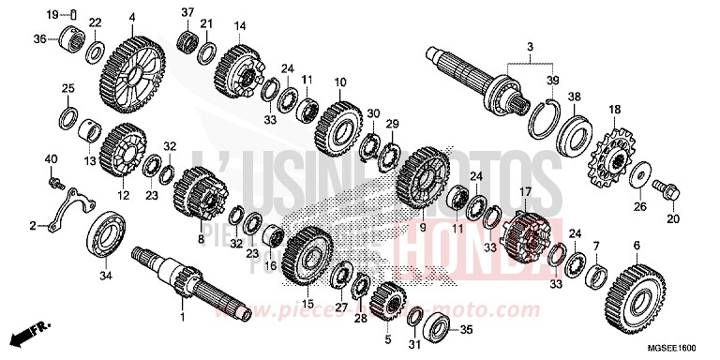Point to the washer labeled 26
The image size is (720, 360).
pyautogui.click(x=636, y=174)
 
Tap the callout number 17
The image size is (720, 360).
pyautogui.click(x=525, y=192)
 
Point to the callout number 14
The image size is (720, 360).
pyautogui.click(x=240, y=25)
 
